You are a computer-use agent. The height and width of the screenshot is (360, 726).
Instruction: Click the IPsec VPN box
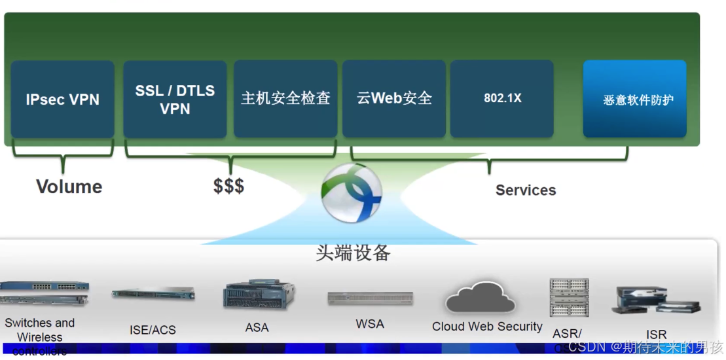(63, 99)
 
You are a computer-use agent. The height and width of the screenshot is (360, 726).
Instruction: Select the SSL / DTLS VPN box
(175, 99)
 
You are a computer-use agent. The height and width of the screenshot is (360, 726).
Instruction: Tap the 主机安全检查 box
(285, 99)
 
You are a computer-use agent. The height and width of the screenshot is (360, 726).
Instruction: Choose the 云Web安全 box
(394, 99)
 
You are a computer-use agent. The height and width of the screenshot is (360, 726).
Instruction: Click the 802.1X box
(502, 99)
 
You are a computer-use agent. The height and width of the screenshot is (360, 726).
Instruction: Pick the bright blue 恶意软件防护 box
(635, 99)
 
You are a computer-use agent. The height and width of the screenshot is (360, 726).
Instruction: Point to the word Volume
(69, 187)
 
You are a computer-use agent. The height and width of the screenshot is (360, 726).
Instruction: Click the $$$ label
(228, 186)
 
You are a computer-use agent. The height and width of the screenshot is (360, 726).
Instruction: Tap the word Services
(526, 190)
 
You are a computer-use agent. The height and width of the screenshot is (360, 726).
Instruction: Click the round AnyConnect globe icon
(352, 193)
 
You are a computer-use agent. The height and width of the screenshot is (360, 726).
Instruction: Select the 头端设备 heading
(353, 253)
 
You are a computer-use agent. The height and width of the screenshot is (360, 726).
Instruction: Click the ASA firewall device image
(259, 295)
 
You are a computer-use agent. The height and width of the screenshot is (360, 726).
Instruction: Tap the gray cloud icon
(481, 298)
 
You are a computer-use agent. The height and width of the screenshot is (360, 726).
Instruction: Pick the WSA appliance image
(370, 298)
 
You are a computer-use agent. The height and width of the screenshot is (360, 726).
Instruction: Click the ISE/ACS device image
(153, 294)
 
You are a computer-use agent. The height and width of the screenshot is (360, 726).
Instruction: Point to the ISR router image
(656, 300)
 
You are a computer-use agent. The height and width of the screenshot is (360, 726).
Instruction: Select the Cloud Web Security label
(487, 327)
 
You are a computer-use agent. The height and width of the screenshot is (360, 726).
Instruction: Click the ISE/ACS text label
(153, 330)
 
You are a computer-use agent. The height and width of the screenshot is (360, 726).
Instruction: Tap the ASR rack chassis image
(569, 298)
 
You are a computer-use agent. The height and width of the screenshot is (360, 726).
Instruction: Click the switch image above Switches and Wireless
(45, 293)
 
